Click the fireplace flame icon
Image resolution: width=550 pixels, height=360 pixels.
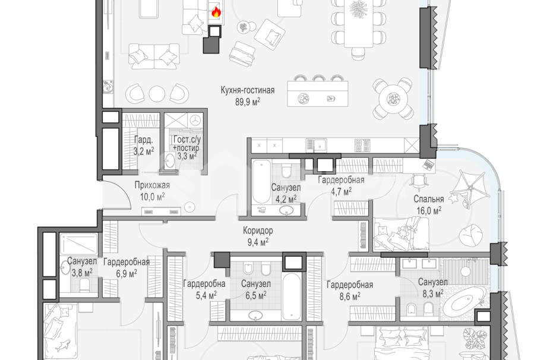click(x=216, y=12)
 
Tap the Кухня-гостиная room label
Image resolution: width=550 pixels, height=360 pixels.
click(x=248, y=90)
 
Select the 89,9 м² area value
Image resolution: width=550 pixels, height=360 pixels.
click(x=248, y=102)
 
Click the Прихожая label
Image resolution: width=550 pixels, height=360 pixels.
click(x=152, y=185)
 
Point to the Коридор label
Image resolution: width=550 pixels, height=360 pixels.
click(x=258, y=230)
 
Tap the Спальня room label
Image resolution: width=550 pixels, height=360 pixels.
click(x=429, y=199)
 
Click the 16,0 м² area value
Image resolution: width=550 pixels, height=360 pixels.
click(x=429, y=210)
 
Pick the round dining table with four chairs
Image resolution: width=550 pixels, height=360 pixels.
click(x=393, y=99)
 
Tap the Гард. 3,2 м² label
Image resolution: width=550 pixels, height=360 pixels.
click(x=144, y=146)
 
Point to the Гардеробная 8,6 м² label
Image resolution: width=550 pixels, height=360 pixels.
click(x=350, y=290)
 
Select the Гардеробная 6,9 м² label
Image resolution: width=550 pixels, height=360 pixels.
click(x=127, y=267)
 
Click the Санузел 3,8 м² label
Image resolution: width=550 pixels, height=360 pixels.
click(x=82, y=267)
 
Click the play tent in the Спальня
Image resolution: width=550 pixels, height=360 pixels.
click(x=470, y=190)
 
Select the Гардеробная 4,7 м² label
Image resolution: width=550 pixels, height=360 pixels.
click(x=341, y=185)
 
